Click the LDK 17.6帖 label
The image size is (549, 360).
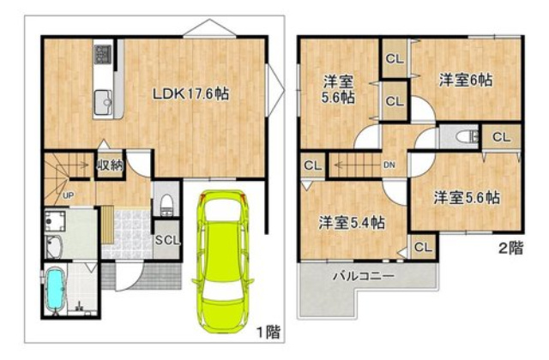[x=190, y=93]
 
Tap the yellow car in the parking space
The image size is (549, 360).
[x=223, y=261]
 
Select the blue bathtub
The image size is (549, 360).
[x=54, y=290]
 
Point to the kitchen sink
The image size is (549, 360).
[x=104, y=102]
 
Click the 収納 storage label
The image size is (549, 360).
[x=110, y=165]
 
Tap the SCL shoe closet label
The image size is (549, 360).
[x=167, y=240]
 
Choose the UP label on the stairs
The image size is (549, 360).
[x=68, y=195]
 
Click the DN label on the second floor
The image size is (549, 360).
[x=389, y=165]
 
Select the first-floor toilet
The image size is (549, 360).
[x=166, y=206]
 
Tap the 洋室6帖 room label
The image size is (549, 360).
[x=466, y=80]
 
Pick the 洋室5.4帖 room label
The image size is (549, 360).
[x=352, y=223]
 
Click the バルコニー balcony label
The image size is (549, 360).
[x=364, y=276]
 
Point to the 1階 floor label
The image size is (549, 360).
[x=268, y=332]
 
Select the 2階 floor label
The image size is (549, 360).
[x=511, y=248]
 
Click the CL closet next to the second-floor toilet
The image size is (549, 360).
[x=501, y=137]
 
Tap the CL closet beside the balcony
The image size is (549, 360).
[x=423, y=248]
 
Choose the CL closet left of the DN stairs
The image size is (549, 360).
[x=313, y=165]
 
